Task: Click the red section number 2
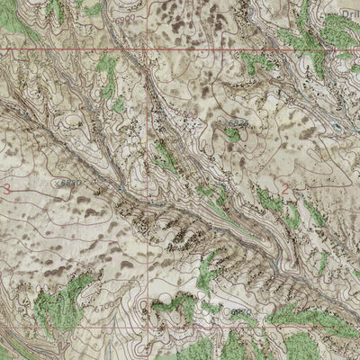[x=286, y=190]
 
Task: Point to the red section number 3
[x=7, y=186]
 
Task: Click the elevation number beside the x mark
[x=72, y=181]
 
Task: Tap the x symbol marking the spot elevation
[x=55, y=183]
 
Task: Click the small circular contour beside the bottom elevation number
[x=222, y=310]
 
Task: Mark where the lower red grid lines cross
[x=148, y=328]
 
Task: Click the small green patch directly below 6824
[x=232, y=135]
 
